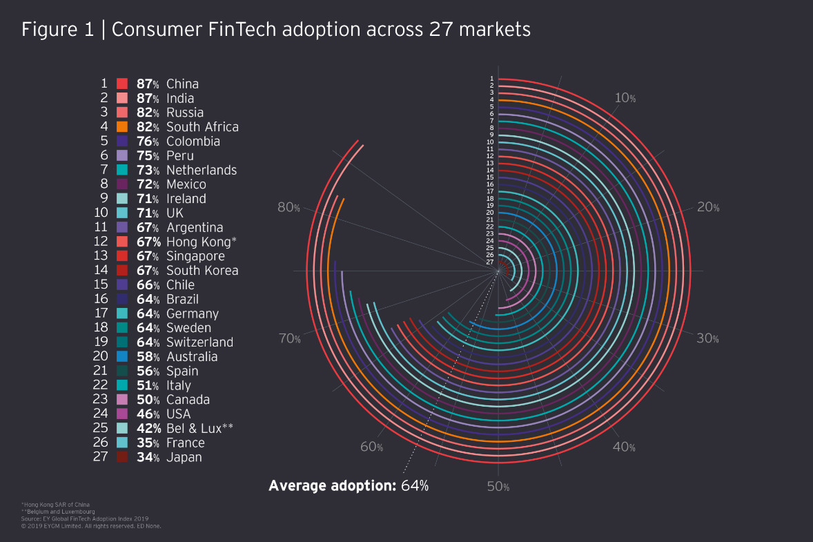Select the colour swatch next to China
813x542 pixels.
(122, 84)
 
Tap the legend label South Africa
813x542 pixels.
(202, 127)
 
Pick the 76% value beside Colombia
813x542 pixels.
(148, 142)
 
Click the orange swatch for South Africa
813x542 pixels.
(122, 127)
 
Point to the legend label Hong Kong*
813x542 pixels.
(201, 242)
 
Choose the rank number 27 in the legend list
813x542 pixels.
(100, 457)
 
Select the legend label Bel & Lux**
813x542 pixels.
(199, 428)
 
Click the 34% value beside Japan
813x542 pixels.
(148, 457)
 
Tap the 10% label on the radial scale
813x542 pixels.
(625, 98)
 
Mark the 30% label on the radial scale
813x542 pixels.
(707, 338)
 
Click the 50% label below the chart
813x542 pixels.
(498, 487)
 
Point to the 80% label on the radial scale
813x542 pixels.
(288, 207)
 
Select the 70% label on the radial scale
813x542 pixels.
(288, 338)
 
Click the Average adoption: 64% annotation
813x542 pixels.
(349, 485)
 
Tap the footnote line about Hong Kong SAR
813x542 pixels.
(55, 504)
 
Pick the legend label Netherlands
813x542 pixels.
(201, 171)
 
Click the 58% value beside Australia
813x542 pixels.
(148, 357)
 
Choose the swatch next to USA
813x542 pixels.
(122, 414)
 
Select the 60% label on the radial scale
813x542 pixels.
(371, 447)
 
